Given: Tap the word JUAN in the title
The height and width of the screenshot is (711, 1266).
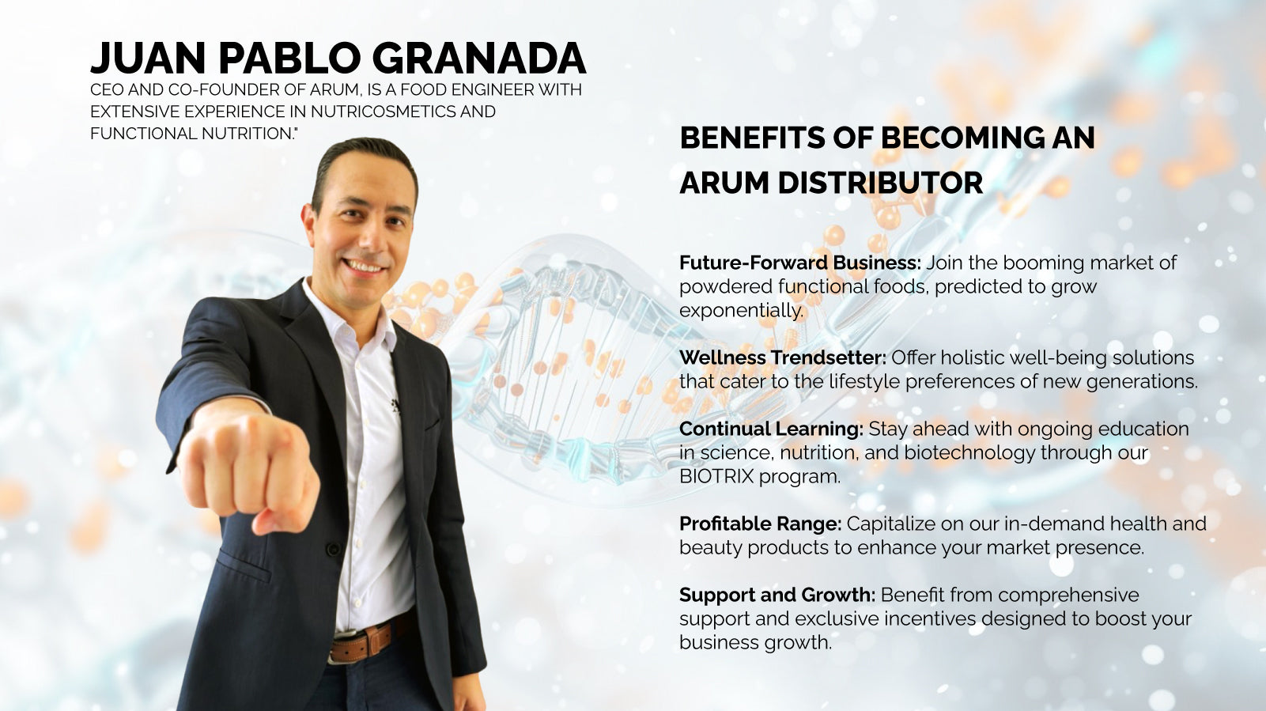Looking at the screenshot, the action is point(148,58).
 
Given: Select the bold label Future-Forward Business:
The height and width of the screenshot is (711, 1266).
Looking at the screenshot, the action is point(800,263).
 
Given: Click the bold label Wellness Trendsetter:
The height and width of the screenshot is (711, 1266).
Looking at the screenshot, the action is point(783,357).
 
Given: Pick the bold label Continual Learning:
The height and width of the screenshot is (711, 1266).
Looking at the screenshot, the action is point(772,429).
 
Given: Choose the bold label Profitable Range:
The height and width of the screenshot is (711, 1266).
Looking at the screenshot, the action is point(761,524).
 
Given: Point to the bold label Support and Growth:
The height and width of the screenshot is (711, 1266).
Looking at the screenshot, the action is point(777,596).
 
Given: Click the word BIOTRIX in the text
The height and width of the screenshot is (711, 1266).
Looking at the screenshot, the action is point(716,476).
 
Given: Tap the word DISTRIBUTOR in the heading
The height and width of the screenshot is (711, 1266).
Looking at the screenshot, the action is point(881,183).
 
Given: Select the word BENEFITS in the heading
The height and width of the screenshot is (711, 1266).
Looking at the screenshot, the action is point(753,138).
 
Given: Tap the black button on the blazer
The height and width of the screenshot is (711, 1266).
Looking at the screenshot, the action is point(333,549).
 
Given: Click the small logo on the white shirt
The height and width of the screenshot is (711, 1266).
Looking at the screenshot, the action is point(395,406).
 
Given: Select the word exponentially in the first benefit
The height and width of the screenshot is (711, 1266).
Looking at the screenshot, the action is point(741,310).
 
